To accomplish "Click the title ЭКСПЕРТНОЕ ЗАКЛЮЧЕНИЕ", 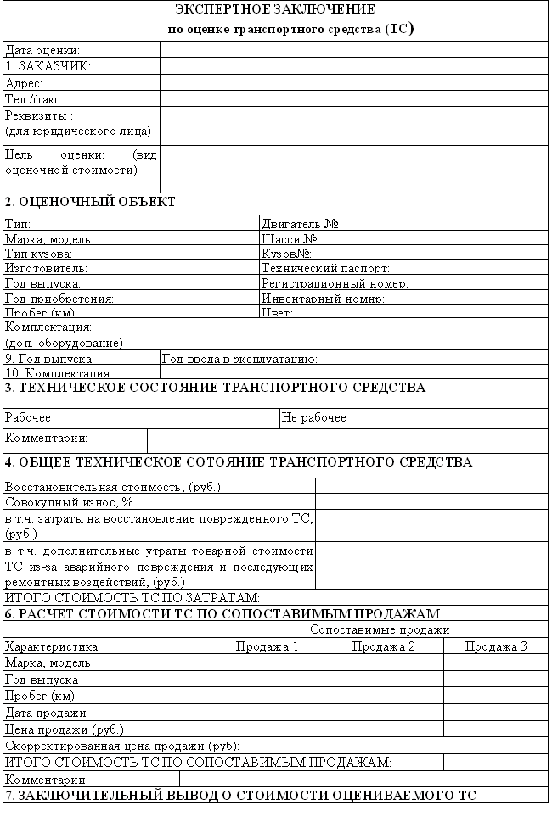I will [x=274, y=10].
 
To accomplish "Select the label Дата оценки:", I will [x=43, y=51].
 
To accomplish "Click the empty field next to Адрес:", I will [x=353, y=83].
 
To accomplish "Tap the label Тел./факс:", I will [x=34, y=99].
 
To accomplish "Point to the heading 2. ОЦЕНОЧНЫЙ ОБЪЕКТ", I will [x=90, y=202].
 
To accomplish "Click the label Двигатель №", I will [x=301, y=224].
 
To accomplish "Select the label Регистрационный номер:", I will [x=335, y=283].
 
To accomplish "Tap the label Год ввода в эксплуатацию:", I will [x=239, y=359].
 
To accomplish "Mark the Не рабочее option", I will [x=314, y=417].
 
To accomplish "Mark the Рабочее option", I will [x=28, y=417].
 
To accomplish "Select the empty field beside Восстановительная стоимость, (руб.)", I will [x=431, y=486].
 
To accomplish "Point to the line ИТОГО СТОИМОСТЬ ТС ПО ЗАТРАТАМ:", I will [x=132, y=598].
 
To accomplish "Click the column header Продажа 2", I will [x=383, y=646].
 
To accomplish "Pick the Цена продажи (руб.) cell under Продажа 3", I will [x=496, y=729].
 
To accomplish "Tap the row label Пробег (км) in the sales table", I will [x=40, y=696].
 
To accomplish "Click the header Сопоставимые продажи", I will [x=380, y=629].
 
